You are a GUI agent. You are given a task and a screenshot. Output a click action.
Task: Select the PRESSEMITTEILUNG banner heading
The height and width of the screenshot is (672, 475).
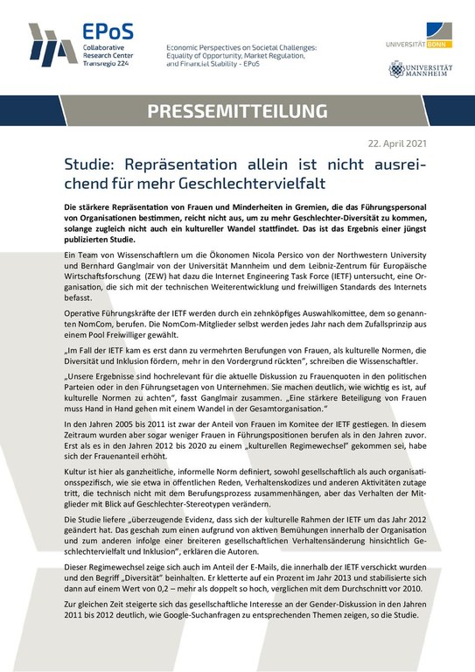coord(238,111)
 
